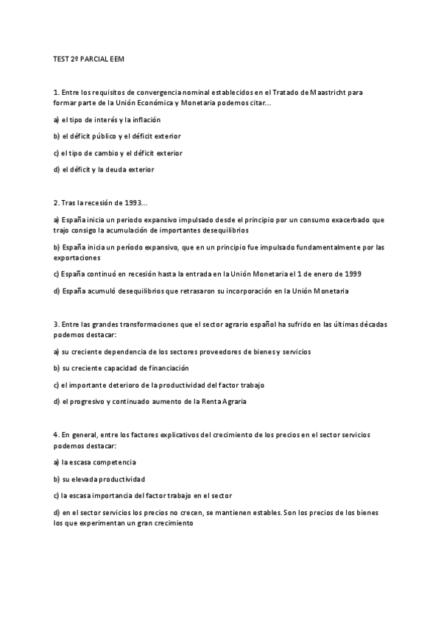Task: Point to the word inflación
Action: [145, 119]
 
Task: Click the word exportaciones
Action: [77, 258]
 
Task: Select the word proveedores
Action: [217, 351]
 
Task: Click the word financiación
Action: [166, 367]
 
